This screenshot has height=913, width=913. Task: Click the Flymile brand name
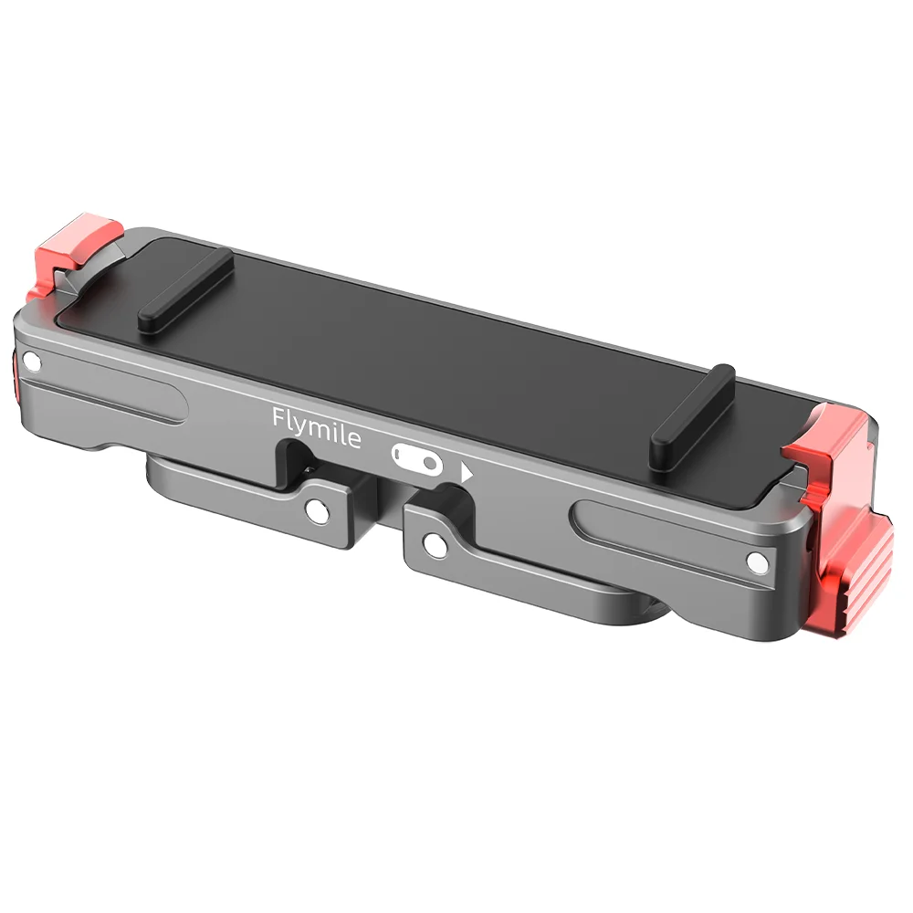(317, 428)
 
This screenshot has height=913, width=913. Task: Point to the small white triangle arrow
(467, 474)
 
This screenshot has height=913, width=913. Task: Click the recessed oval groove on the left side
(110, 401)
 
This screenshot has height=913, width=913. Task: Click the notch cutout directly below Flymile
(301, 460)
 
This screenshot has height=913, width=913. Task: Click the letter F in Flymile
(279, 418)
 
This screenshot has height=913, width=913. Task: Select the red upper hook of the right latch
(822, 438)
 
